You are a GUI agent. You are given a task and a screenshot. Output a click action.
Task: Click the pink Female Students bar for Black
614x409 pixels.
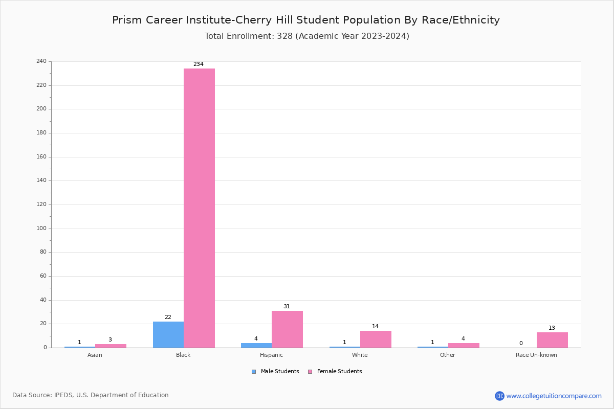(x=199, y=208)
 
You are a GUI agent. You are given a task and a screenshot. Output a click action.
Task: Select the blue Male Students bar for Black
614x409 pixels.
(x=168, y=335)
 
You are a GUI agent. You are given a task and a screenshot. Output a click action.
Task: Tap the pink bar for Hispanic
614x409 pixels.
(x=287, y=329)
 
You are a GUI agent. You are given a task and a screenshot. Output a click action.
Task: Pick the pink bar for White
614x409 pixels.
(x=376, y=339)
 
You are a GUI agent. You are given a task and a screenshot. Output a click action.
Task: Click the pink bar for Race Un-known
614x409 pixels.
(x=552, y=340)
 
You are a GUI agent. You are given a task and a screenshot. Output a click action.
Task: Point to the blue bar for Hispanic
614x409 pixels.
(x=256, y=345)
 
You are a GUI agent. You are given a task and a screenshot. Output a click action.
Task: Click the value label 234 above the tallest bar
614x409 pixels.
(x=199, y=64)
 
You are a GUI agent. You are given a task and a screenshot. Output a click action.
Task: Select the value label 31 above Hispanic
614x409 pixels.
(x=287, y=307)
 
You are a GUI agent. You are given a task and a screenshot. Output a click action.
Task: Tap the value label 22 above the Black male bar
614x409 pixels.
(x=168, y=317)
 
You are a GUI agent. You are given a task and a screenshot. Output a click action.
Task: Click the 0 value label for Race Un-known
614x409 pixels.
(x=521, y=344)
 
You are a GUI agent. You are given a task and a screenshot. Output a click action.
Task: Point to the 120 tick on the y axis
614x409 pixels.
(x=41, y=204)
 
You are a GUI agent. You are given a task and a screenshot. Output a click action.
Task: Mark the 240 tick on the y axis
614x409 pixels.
(x=41, y=61)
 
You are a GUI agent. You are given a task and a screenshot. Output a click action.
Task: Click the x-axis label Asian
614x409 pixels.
(x=95, y=355)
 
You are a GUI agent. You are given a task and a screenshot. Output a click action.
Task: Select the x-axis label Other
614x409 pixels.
(x=448, y=355)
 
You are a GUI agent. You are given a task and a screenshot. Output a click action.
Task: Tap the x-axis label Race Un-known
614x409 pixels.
(x=536, y=355)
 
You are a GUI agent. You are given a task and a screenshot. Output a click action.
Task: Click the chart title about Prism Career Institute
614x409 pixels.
(x=306, y=20)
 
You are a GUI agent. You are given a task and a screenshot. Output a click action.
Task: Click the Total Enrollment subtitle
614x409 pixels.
(x=307, y=36)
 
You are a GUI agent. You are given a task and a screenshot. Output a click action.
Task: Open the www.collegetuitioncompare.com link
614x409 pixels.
(x=554, y=396)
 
